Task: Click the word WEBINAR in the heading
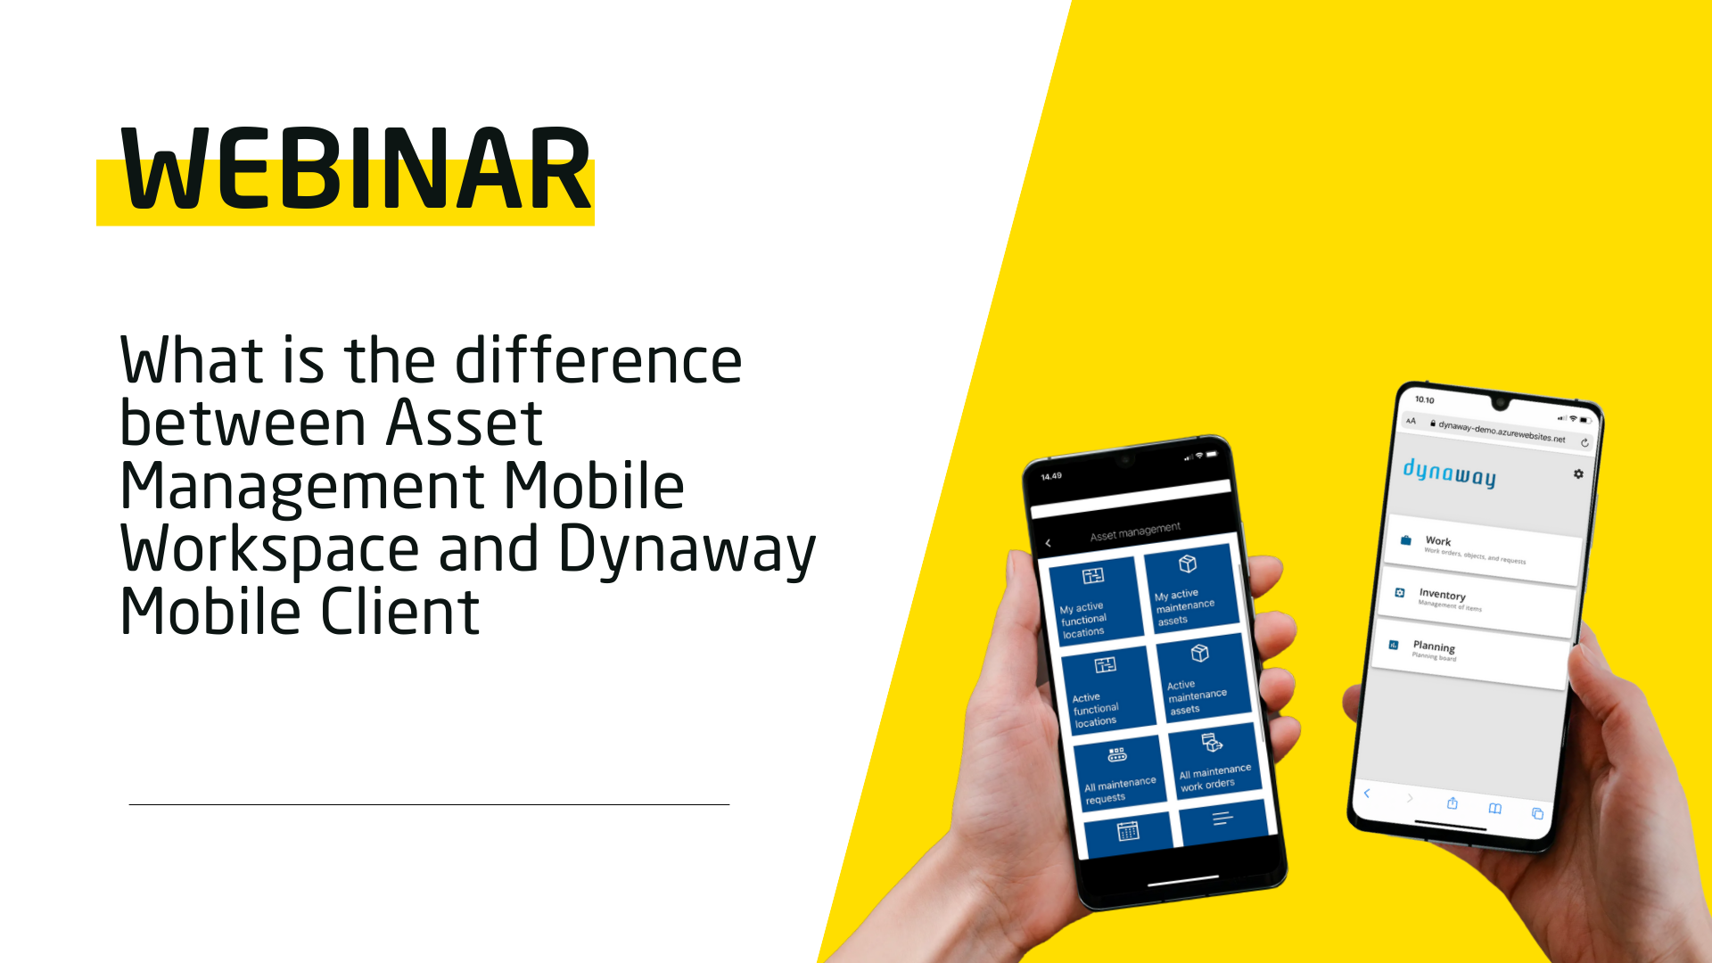[357, 169]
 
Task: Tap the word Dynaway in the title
[687, 549]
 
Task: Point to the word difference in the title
[598, 360]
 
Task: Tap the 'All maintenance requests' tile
[1120, 774]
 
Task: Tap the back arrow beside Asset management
[1049, 543]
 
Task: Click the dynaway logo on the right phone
[1449, 473]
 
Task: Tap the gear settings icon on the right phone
[1578, 474]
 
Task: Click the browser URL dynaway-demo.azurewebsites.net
[1502, 432]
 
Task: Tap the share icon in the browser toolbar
[1452, 803]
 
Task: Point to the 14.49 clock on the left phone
[1051, 476]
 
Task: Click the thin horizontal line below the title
[429, 804]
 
